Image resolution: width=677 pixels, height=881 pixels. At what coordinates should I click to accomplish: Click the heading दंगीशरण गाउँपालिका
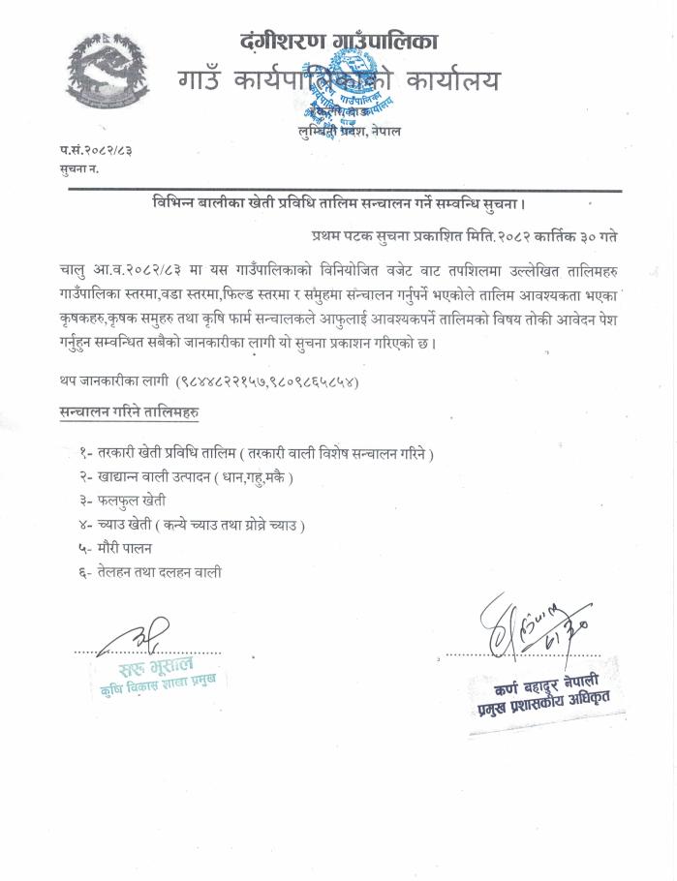coord(338,41)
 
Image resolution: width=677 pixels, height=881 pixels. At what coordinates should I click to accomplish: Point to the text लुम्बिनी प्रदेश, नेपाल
coord(349,130)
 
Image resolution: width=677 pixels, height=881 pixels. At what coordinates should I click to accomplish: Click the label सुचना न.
coord(78,169)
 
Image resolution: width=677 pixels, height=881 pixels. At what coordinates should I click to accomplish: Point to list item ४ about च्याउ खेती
coord(193,525)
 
